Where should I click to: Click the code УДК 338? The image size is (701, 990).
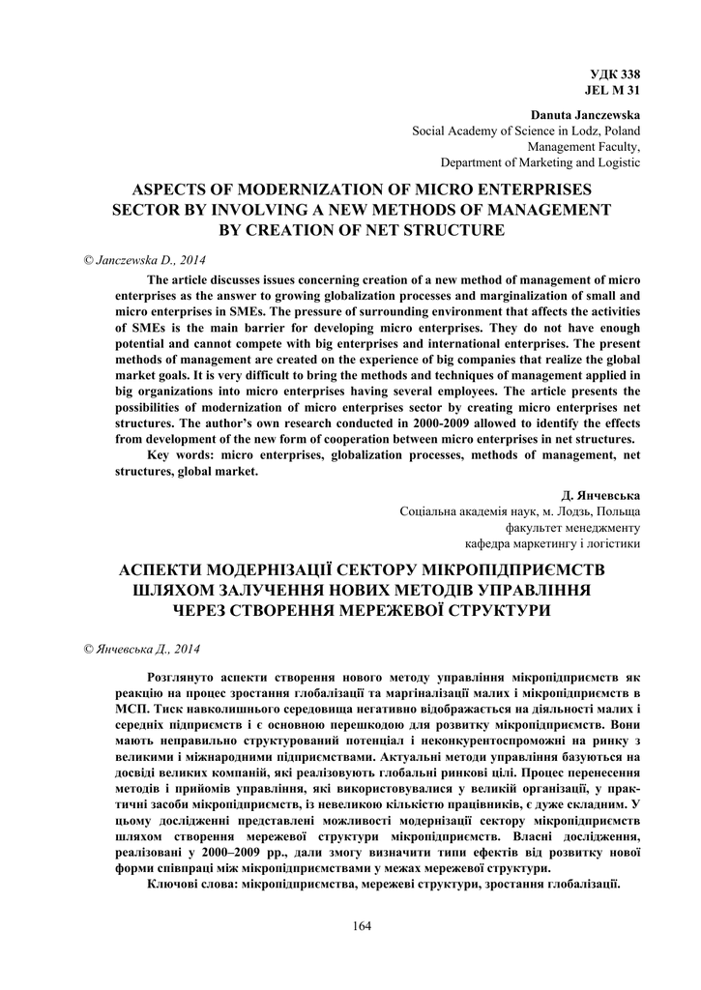(x=615, y=74)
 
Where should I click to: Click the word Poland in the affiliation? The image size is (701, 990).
(x=619, y=131)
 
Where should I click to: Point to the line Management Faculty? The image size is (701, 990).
(x=583, y=147)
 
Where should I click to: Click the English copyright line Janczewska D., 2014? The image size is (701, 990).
(x=146, y=260)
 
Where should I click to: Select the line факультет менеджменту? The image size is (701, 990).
(x=572, y=527)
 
